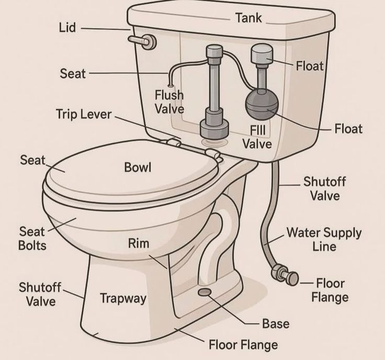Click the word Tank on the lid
(x=248, y=18)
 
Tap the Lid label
(x=67, y=28)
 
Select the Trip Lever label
(x=84, y=115)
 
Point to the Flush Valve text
(x=169, y=102)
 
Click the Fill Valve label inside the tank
(x=257, y=137)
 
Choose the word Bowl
(x=138, y=167)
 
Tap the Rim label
(x=139, y=243)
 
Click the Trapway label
(x=123, y=299)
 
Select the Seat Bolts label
(x=32, y=239)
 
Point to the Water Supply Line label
(x=324, y=239)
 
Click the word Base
(x=276, y=324)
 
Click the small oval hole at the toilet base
(x=205, y=292)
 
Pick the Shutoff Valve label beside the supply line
(x=325, y=188)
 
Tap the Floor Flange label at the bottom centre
(x=243, y=344)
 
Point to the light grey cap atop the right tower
(x=262, y=53)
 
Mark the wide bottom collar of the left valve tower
(x=214, y=128)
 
